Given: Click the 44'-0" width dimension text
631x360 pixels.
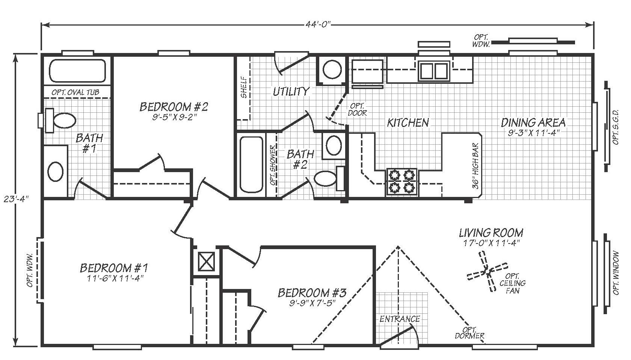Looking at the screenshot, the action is coord(317,24).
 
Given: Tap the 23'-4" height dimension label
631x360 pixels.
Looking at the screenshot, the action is coord(17,199).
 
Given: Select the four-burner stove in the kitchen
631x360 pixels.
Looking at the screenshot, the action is coord(402,182).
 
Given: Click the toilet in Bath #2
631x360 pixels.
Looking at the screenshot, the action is coord(329,178).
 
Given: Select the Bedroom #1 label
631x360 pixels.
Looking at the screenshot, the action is coord(114,268).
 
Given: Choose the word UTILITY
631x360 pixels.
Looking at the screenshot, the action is coord(291,91).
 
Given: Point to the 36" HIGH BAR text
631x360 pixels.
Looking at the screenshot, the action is coord(476,166).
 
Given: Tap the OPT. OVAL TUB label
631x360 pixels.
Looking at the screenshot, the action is coord(75,92).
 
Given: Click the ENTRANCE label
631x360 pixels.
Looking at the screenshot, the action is coord(400,319).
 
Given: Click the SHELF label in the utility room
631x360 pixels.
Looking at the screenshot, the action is coord(244,88).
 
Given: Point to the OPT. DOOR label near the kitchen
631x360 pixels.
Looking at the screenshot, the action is coord(357,110).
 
